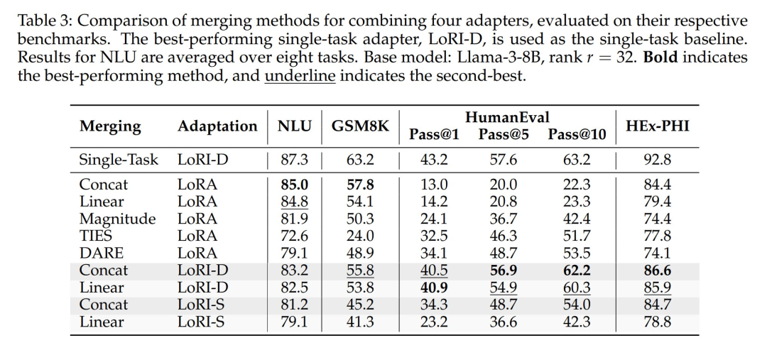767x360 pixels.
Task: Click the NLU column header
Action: point(294,126)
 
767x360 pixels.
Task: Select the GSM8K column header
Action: point(360,126)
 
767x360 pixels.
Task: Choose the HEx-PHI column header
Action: point(657,126)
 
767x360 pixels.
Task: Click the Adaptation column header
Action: point(217,126)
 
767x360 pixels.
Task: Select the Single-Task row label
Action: point(119,160)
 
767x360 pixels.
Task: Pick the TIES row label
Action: point(96,236)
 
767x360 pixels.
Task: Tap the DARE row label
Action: point(101,253)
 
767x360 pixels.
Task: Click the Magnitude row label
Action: point(117,218)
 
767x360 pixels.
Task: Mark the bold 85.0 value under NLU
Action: point(294,184)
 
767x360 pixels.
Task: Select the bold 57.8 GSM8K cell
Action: point(360,184)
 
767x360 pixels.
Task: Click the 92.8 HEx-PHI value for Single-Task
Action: point(657,160)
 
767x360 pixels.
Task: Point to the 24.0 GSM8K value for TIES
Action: point(360,236)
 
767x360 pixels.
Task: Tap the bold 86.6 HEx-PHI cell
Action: point(657,270)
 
